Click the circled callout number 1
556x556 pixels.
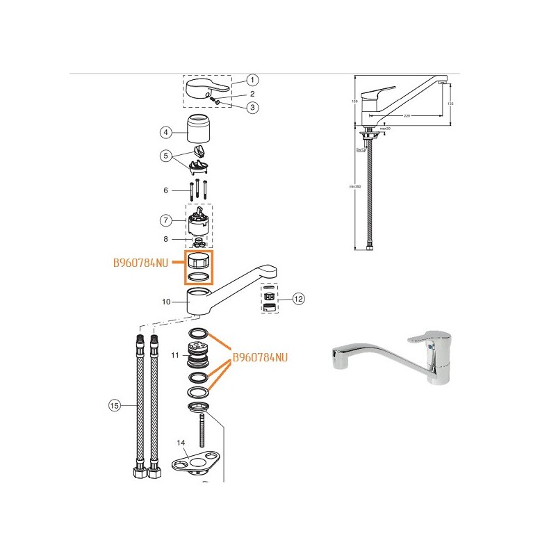pyautogui.click(x=252, y=81)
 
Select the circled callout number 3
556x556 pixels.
pyautogui.click(x=252, y=107)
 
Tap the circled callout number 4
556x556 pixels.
pyautogui.click(x=165, y=132)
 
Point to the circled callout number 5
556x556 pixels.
pyautogui.click(x=165, y=156)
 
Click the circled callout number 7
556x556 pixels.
pyautogui.click(x=165, y=220)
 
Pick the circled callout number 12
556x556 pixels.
pyautogui.click(x=299, y=299)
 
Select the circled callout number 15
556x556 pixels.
pyautogui.click(x=115, y=404)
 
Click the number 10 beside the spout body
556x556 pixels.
pyautogui.click(x=166, y=302)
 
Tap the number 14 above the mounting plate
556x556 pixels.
pyautogui.click(x=181, y=443)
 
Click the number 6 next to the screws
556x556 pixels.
pyautogui.click(x=165, y=190)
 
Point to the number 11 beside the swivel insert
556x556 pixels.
pyautogui.click(x=175, y=355)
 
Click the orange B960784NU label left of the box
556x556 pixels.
pyautogui.click(x=140, y=263)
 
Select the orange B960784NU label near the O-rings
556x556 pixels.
pyautogui.click(x=260, y=359)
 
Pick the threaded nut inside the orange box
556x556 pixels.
pyautogui.click(x=198, y=261)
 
